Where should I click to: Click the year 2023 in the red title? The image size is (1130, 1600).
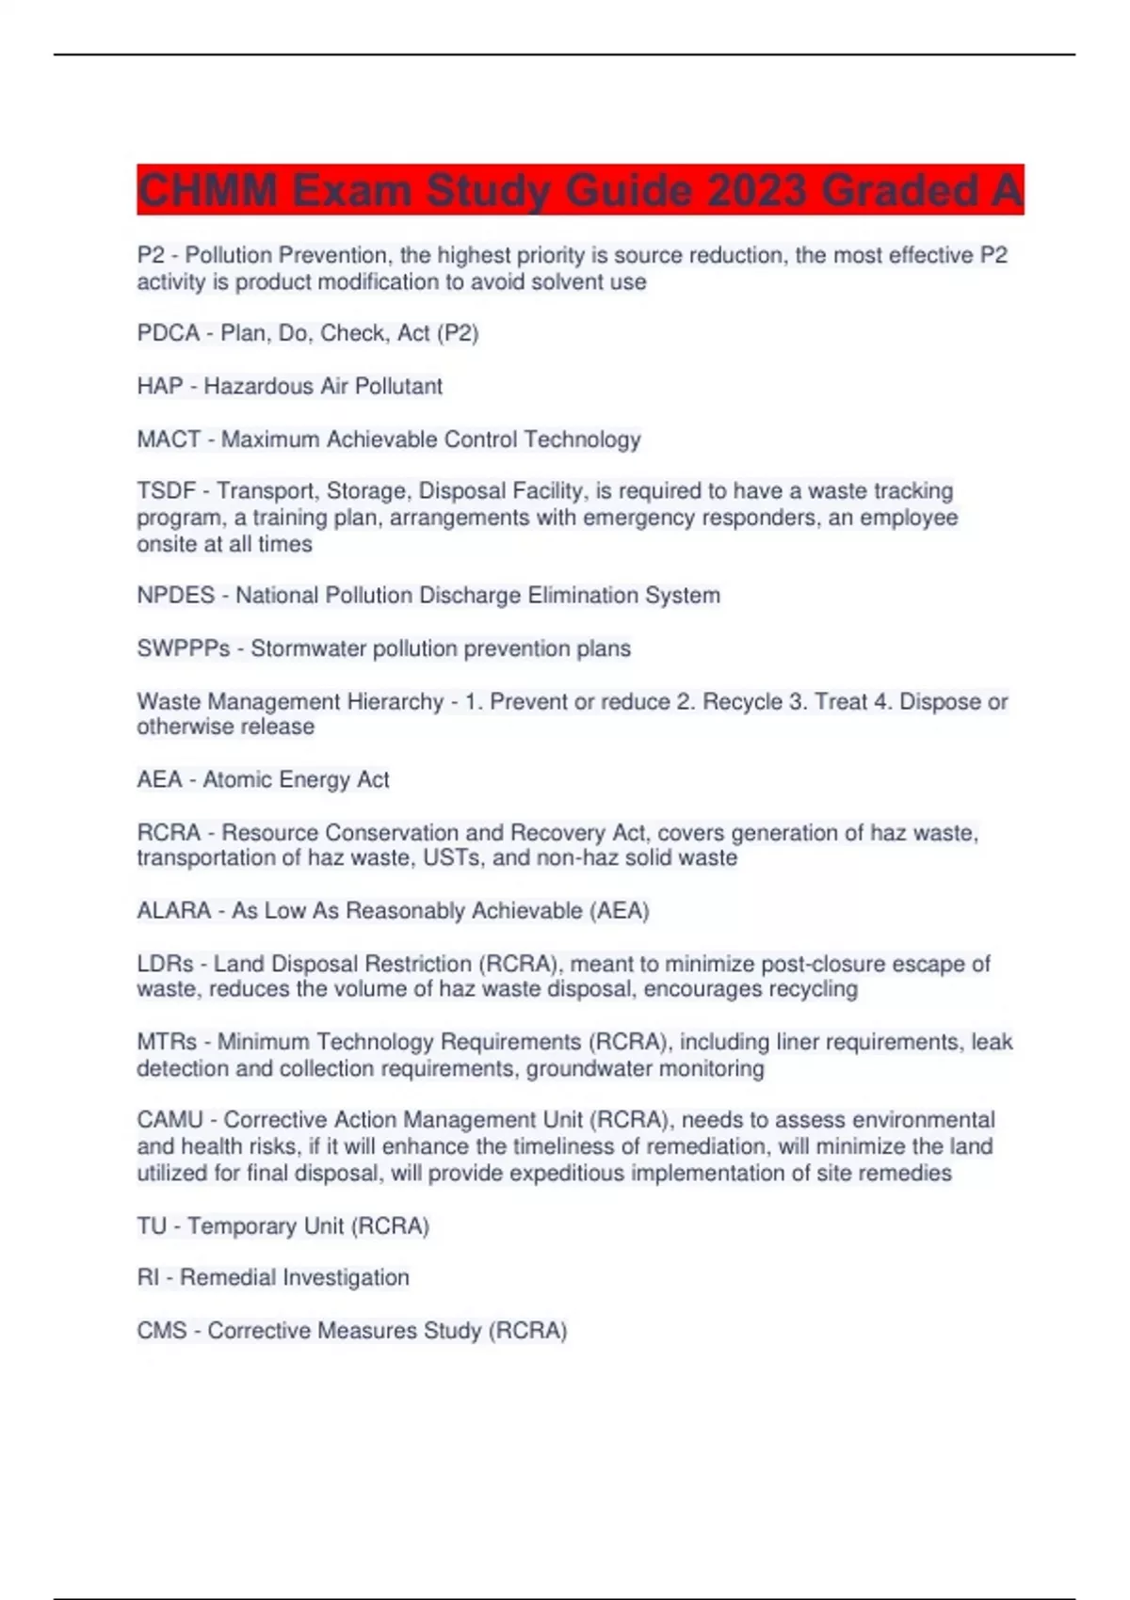pos(756,191)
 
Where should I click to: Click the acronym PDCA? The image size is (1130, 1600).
pos(168,333)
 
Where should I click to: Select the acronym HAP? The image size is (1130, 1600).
pos(159,386)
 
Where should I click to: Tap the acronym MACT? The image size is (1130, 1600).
pos(169,440)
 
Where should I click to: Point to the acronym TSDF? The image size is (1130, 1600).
pos(166,491)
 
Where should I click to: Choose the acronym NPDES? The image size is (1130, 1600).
pos(175,596)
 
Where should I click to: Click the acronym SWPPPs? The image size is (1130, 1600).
pos(183,648)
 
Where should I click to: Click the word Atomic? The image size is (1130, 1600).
pos(236,780)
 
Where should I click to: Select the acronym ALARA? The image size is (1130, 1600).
pos(173,911)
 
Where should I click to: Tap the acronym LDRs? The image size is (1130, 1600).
pos(165,964)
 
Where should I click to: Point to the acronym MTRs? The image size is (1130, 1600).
pos(167,1042)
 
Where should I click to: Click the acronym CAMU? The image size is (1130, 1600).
pos(169,1120)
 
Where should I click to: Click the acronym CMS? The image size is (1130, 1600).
pos(161,1331)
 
